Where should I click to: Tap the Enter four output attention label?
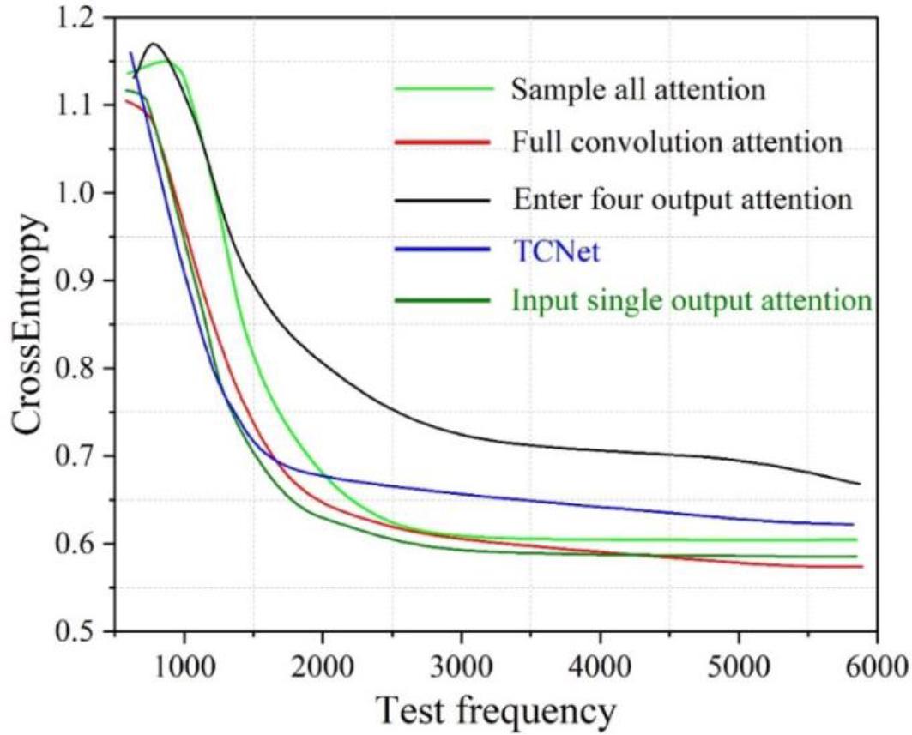[682, 200]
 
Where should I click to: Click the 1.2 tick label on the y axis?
[76, 18]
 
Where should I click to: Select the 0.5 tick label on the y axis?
[76, 632]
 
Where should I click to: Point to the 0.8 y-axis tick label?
[76, 369]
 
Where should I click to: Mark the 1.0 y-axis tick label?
[76, 194]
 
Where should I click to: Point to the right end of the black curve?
[859, 484]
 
